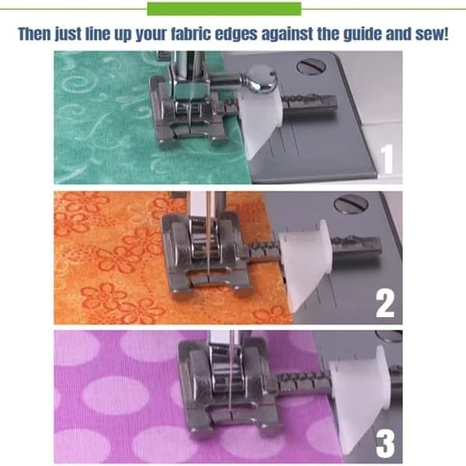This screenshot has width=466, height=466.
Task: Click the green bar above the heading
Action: pyautogui.click(x=224, y=9)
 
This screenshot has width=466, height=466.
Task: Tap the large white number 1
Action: pyautogui.click(x=387, y=158)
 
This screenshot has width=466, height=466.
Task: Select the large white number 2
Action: pyautogui.click(x=385, y=304)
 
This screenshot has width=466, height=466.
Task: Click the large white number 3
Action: pyautogui.click(x=385, y=444)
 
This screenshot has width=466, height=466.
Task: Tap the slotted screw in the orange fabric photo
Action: pyautogui.click(x=351, y=204)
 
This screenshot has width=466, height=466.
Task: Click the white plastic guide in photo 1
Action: pyautogui.click(x=260, y=122)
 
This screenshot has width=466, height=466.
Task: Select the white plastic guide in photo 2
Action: pyautogui.click(x=304, y=264)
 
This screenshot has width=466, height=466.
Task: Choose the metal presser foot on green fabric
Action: pyautogui.click(x=190, y=112)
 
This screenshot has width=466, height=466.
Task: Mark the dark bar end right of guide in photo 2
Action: pyautogui.click(x=356, y=249)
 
